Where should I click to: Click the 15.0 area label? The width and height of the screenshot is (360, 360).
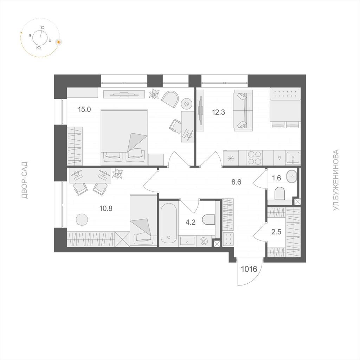pyautogui.click(x=84, y=110)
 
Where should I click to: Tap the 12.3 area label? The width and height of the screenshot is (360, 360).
pyautogui.click(x=218, y=112)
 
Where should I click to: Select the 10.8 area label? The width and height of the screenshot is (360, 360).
pyautogui.click(x=105, y=208)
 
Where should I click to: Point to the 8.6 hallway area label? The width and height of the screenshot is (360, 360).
pyautogui.click(x=236, y=182)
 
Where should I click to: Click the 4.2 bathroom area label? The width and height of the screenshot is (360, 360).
pyautogui.click(x=190, y=222)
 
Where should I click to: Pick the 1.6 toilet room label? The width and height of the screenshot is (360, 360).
pyautogui.click(x=276, y=178)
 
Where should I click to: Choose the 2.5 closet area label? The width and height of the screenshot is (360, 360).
pyautogui.click(x=276, y=232)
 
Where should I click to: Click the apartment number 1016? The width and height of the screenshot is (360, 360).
pyautogui.click(x=249, y=269)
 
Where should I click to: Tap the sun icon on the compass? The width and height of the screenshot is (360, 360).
pyautogui.click(x=59, y=42)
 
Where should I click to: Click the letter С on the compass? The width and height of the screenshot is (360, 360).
pyautogui.click(x=42, y=27)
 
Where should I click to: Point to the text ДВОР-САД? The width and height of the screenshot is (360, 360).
pyautogui.click(x=25, y=180)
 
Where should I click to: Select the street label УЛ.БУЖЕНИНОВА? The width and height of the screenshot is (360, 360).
pyautogui.click(x=336, y=180)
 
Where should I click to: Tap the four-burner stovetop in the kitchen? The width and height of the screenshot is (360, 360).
pyautogui.click(x=255, y=158)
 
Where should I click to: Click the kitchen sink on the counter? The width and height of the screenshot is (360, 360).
pyautogui.click(x=292, y=158)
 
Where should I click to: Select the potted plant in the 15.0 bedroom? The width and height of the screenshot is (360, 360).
pyautogui.click(x=154, y=94)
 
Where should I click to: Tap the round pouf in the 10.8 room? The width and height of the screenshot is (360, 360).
pyautogui.click(x=82, y=220)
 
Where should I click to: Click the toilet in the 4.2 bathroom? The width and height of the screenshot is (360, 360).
pyautogui.click(x=208, y=220)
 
